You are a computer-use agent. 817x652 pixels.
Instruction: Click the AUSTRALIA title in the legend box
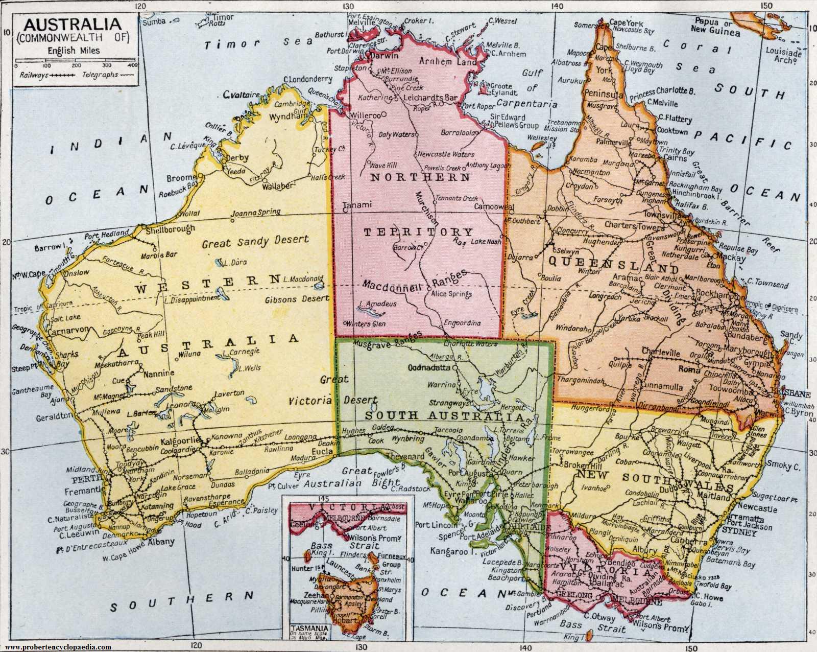point(72,24)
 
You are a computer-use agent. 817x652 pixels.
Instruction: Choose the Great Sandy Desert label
point(255,241)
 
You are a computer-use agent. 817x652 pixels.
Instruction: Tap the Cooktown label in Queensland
point(672,131)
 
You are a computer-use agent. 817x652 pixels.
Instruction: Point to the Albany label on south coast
point(161,542)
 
